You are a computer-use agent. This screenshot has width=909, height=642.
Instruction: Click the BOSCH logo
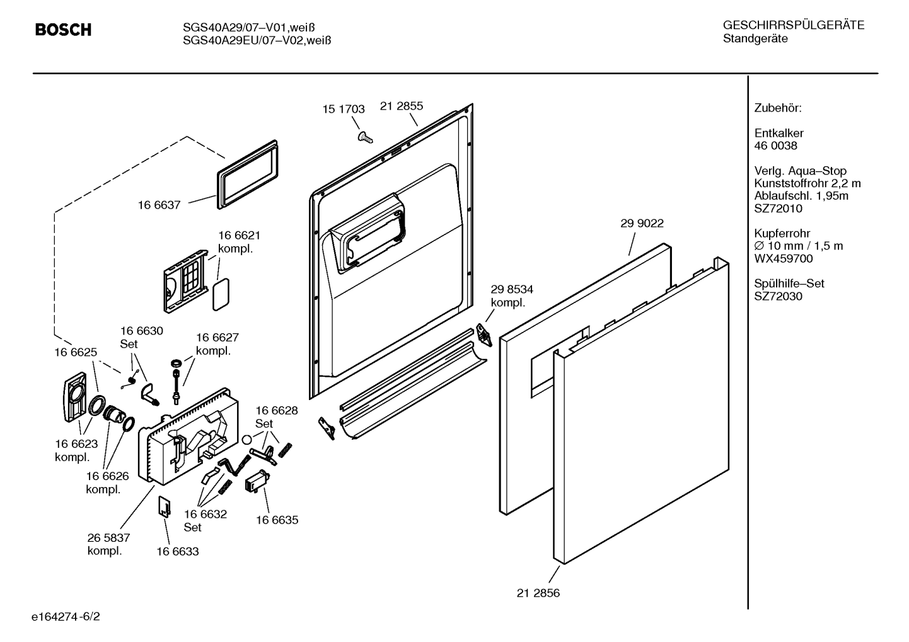click(x=63, y=30)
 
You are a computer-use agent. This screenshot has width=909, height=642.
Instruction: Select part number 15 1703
click(x=344, y=109)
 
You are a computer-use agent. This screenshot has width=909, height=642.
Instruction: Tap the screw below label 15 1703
click(x=365, y=137)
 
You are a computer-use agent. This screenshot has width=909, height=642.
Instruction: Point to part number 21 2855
click(x=402, y=106)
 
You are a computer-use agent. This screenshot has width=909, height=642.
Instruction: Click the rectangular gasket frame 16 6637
click(x=248, y=175)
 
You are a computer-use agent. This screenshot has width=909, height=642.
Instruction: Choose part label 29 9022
click(x=642, y=224)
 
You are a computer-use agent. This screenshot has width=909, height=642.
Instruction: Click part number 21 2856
click(x=538, y=593)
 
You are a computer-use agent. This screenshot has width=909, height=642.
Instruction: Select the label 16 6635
click(x=277, y=520)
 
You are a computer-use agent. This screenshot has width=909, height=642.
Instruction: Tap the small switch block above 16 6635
click(x=257, y=481)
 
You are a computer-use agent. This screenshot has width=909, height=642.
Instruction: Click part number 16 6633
click(x=178, y=551)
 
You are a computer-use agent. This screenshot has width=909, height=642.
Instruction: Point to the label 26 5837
click(x=109, y=538)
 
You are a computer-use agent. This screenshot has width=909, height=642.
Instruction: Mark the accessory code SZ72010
click(x=778, y=209)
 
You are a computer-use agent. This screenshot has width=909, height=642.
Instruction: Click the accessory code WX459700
click(x=783, y=259)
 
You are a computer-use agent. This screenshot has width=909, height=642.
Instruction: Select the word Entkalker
click(x=779, y=133)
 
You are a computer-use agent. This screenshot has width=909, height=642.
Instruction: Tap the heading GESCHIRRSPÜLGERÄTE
click(x=794, y=25)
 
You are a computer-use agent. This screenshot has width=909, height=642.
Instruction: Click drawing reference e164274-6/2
click(x=66, y=617)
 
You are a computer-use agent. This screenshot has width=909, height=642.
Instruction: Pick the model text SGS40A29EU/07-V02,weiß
click(x=257, y=40)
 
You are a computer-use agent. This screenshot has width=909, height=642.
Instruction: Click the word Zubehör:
click(x=778, y=108)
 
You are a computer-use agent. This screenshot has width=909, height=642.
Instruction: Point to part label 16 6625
click(x=76, y=352)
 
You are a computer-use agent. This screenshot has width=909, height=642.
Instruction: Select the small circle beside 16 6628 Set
click(x=246, y=439)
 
